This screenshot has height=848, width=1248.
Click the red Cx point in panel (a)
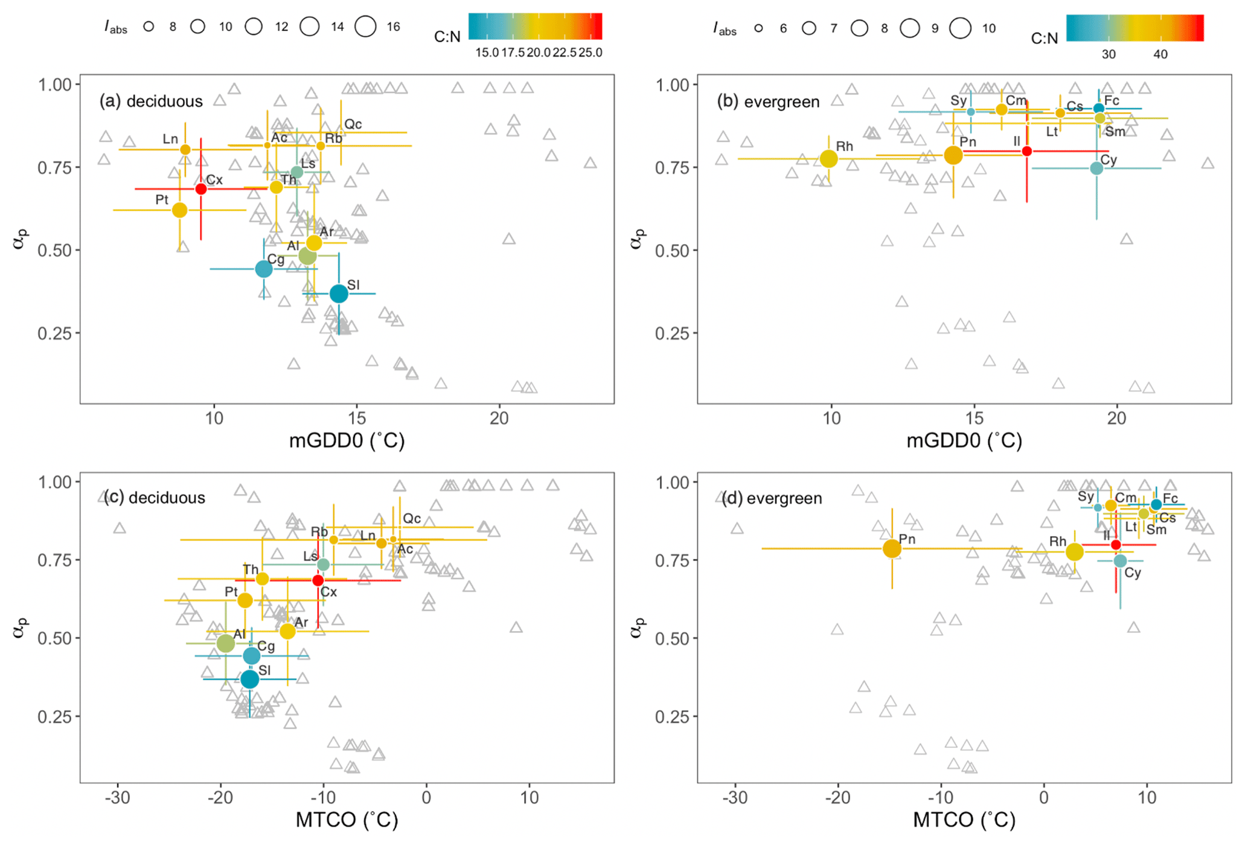coord(201,189)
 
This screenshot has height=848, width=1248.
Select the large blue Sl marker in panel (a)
coord(339,294)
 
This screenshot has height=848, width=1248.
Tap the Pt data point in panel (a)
coord(179,210)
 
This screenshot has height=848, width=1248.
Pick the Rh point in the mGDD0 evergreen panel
coord(829,159)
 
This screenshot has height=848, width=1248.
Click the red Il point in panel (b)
coord(1027,151)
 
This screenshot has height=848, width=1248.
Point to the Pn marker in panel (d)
coord(892,548)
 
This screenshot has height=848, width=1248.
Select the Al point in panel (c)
coord(225,643)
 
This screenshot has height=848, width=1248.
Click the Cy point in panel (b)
coord(1096,169)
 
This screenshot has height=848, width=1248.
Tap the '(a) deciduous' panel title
coord(151,101)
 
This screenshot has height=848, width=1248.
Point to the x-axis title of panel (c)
coord(347,820)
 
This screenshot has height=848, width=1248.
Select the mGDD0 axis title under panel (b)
coord(964,441)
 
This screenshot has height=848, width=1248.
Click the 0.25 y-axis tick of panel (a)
coord(55,333)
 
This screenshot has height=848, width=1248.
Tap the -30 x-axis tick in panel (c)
coord(118,798)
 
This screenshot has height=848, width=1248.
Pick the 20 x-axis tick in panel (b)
coord(1116,418)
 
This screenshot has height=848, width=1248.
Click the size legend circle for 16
coord(365,27)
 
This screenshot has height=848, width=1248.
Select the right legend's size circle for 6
coord(758,28)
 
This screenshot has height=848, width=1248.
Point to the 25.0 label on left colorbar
coord(590,53)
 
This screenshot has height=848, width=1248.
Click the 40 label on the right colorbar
coord(1160,54)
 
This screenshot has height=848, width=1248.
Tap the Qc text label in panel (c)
coord(412,518)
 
